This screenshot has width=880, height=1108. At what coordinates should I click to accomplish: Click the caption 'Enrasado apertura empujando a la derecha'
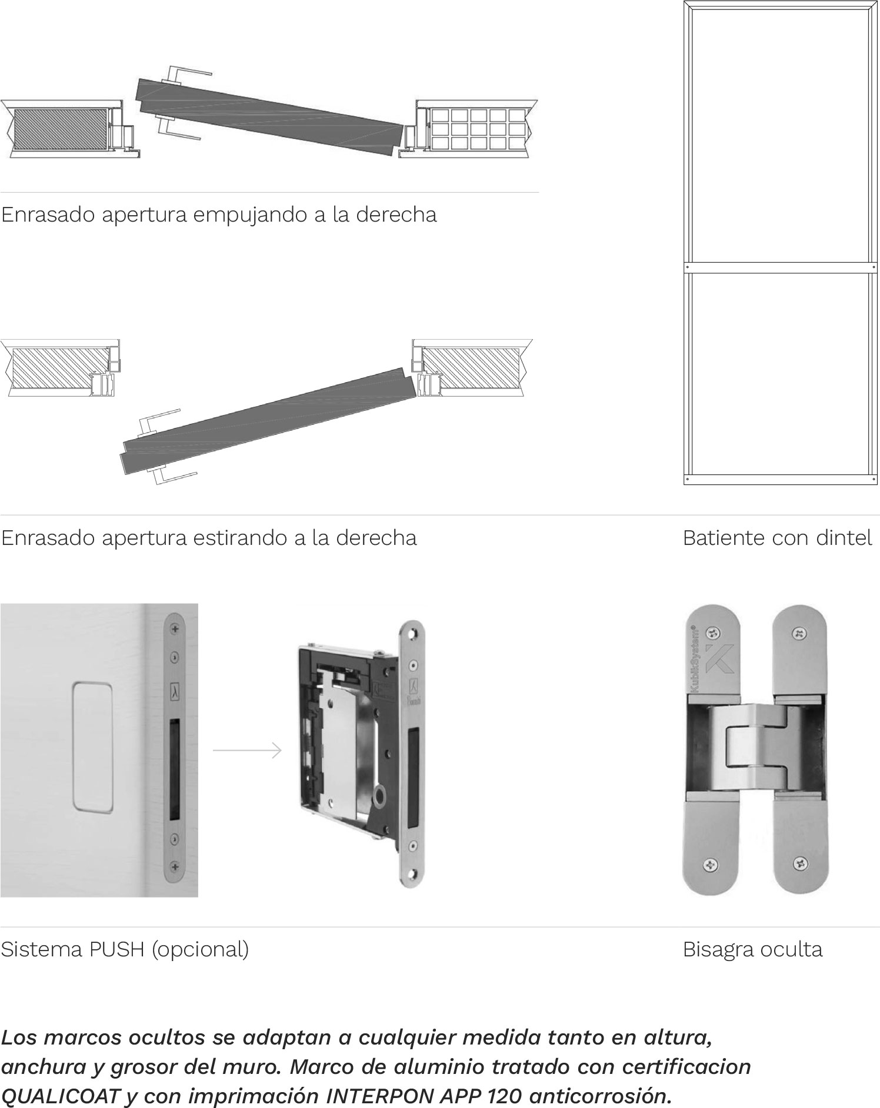pos(219,215)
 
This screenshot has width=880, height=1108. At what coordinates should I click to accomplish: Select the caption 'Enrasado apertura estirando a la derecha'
pos(209,538)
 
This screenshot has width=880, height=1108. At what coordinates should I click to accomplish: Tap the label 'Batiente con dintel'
pos(778,538)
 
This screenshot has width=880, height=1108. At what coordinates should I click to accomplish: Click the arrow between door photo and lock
pos(247,751)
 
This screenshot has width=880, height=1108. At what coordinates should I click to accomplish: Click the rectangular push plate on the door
pos(92,748)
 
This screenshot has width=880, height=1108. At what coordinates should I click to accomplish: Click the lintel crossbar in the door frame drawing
pos(781,268)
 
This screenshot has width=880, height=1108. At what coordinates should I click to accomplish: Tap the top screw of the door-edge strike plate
pos(175,630)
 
